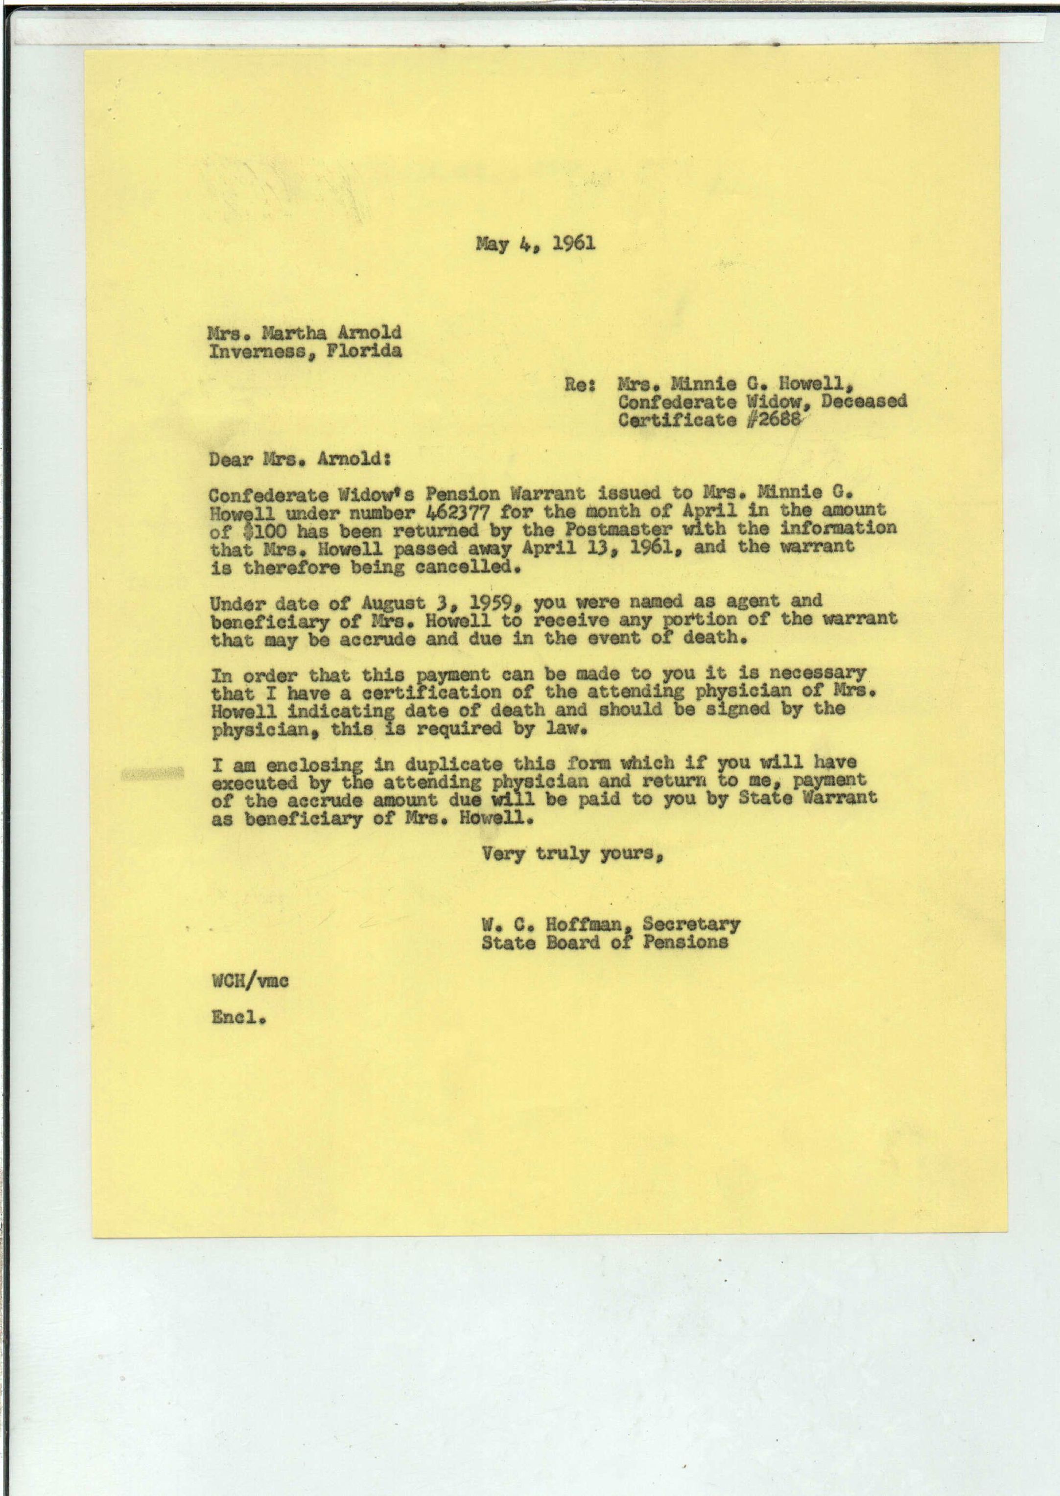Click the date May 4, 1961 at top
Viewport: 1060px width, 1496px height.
point(535,245)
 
